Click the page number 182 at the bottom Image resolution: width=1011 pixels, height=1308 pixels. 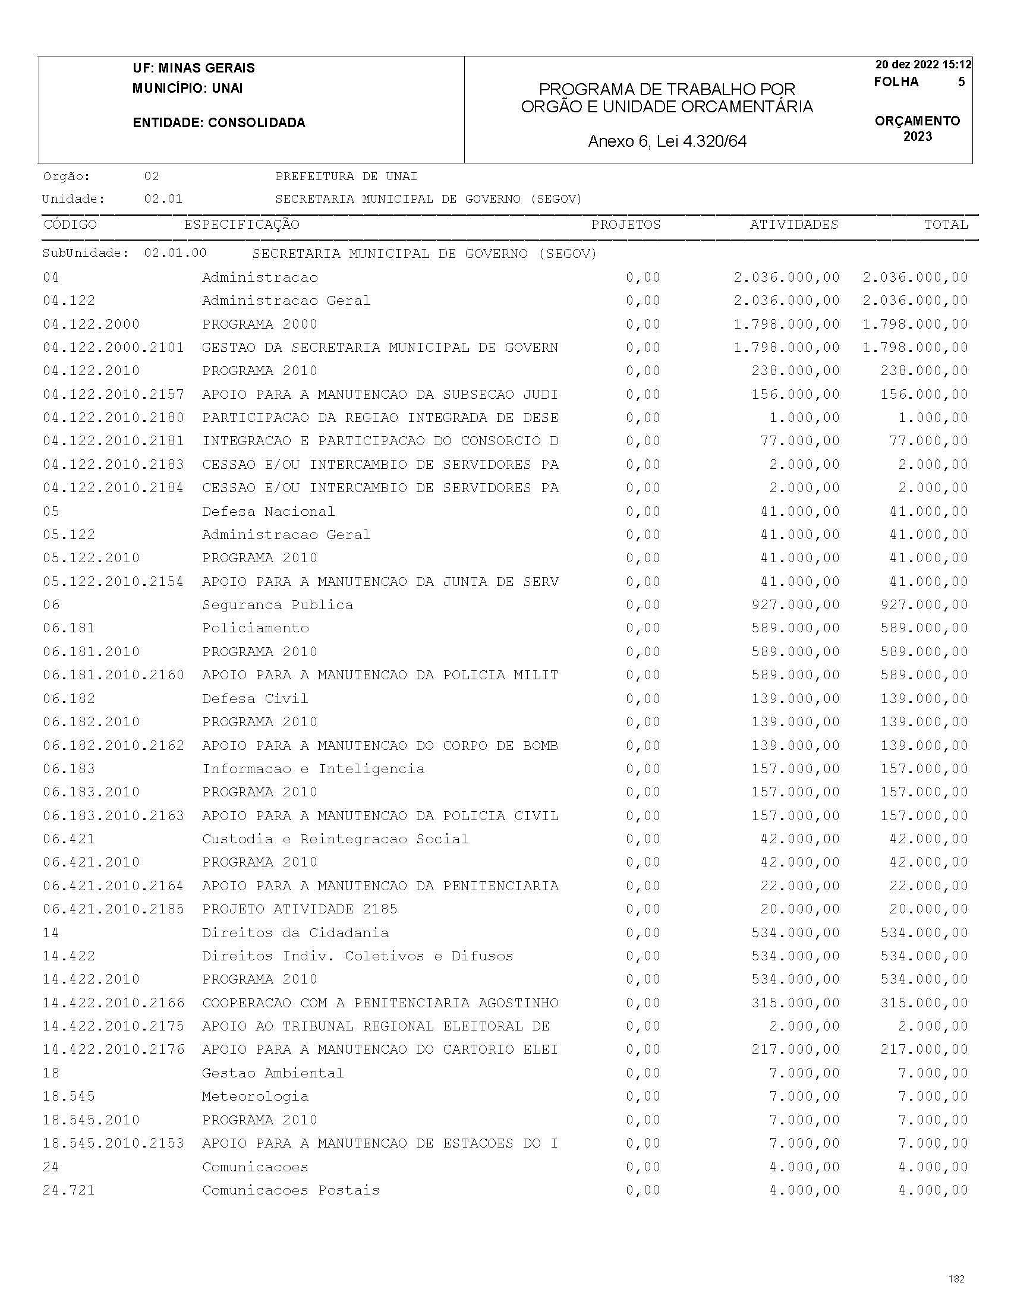pyautogui.click(x=956, y=1279)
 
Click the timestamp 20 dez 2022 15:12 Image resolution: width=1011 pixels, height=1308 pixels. pyautogui.click(x=923, y=65)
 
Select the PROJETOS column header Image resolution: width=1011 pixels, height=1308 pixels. pyautogui.click(x=626, y=225)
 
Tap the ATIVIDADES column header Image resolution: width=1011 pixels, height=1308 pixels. pyautogui.click(x=793, y=225)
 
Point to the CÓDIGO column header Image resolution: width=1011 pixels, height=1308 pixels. pyautogui.click(x=70, y=225)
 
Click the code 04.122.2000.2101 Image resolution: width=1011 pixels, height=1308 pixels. pyautogui.click(x=113, y=348)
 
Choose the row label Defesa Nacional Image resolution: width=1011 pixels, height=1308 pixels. pyautogui.click(x=268, y=512)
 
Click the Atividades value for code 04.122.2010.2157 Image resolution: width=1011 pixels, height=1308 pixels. pyautogui.click(x=795, y=395)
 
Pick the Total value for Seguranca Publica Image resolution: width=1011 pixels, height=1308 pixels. pyautogui.click(x=924, y=605)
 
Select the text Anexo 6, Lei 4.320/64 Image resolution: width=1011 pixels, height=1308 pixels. pyautogui.click(x=667, y=141)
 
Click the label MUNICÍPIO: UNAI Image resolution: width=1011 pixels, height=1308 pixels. pyautogui.click(x=187, y=88)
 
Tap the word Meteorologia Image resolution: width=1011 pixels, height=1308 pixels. pyautogui.click(x=255, y=1096)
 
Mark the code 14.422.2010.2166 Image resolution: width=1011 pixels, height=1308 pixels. pyautogui.click(x=113, y=1003)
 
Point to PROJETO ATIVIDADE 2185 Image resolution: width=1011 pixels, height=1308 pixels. pyautogui.click(x=300, y=909)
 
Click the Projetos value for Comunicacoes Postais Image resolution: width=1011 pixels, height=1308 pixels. pyautogui.click(x=643, y=1190)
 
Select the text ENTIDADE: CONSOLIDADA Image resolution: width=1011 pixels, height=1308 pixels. pyautogui.click(x=219, y=123)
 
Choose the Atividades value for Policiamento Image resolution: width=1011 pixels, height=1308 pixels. pyautogui.click(x=795, y=628)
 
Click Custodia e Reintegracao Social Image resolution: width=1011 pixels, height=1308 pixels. pyautogui.click(x=335, y=839)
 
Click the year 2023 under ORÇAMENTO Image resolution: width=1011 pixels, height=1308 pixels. pyautogui.click(x=918, y=137)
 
